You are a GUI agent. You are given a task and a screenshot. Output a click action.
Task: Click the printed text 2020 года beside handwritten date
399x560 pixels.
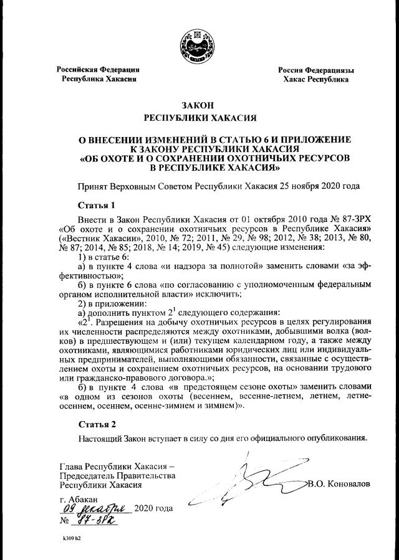click(x=153, y=510)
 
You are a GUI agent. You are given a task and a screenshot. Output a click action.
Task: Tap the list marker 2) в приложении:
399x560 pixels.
click(x=112, y=303)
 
